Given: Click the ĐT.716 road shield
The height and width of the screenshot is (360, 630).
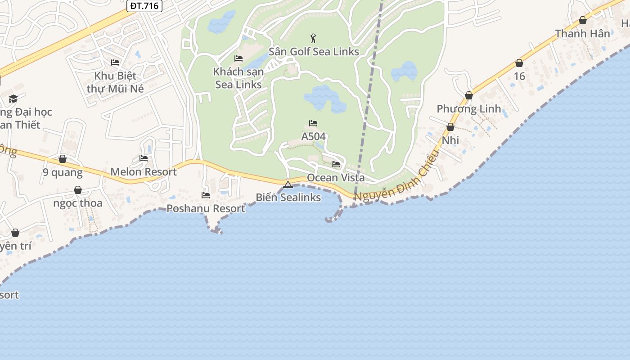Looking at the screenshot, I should tap(145, 5).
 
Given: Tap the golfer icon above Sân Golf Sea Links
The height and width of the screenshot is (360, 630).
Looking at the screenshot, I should tap(314, 38).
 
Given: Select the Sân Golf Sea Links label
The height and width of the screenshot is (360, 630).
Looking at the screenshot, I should tap(314, 52).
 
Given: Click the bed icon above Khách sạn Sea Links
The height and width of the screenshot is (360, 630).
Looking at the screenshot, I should tap(238, 58).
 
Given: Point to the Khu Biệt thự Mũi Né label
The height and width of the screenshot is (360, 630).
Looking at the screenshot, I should tap(115, 82).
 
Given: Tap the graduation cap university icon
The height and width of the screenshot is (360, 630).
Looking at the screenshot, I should tap(13, 99).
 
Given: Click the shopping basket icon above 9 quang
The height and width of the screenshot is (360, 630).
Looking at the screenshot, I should tap(63, 159).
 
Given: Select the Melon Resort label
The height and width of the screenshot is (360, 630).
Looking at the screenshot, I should tap(144, 172).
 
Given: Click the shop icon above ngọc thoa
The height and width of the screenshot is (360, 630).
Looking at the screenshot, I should tap(78, 190).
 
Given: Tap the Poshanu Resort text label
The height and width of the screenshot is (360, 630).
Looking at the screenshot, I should tap(206, 209).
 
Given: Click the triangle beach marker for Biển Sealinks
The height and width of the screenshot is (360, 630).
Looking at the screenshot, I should tap(288, 184).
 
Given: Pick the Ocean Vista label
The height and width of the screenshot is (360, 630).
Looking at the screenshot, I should tap(336, 178).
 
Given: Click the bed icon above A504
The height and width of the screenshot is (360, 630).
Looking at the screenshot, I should tap(313, 123).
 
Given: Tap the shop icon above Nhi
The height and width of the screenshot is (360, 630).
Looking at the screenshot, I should tap(450, 127).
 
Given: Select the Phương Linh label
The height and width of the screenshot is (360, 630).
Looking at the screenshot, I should tap(469, 109).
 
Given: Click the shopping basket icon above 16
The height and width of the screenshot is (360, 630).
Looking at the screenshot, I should tap(519, 63).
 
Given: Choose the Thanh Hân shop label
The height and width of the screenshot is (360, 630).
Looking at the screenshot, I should tap(582, 34).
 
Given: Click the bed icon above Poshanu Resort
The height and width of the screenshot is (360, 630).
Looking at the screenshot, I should tap(206, 195).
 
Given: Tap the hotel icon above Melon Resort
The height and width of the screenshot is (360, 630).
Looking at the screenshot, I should tap(144, 158).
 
